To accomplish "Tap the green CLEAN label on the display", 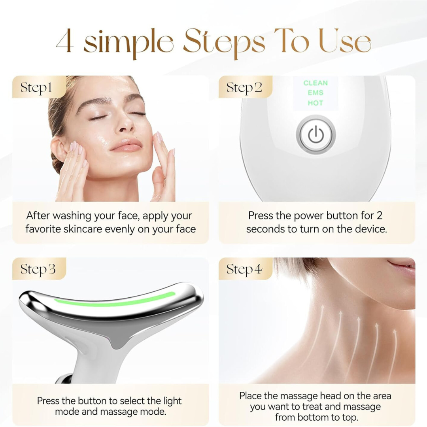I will click(x=316, y=83).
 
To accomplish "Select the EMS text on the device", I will click(x=316, y=93).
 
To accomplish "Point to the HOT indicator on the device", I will click(x=316, y=103).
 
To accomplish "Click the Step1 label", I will click(x=36, y=87).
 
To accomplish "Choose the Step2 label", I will click(x=244, y=87).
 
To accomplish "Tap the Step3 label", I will click(x=38, y=269).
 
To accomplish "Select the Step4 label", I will click(x=244, y=270).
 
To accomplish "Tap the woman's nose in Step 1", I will click(x=126, y=126).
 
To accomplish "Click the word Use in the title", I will click(x=345, y=42).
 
